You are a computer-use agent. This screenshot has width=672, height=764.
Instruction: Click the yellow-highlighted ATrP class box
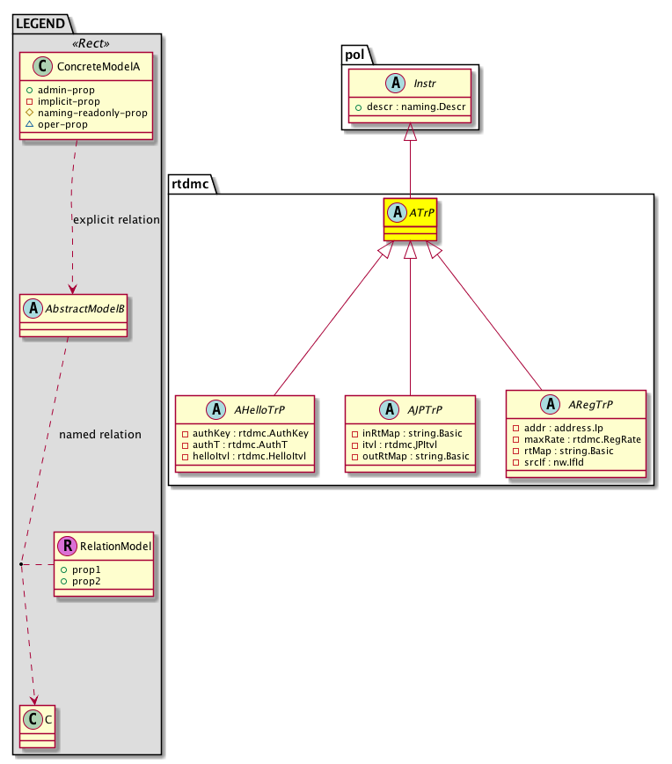pyautogui.click(x=410, y=220)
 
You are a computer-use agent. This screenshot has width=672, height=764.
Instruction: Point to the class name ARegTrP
pyautogui.click(x=589, y=405)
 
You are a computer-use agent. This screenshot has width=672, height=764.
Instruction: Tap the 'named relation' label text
pyautogui.click(x=99, y=434)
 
